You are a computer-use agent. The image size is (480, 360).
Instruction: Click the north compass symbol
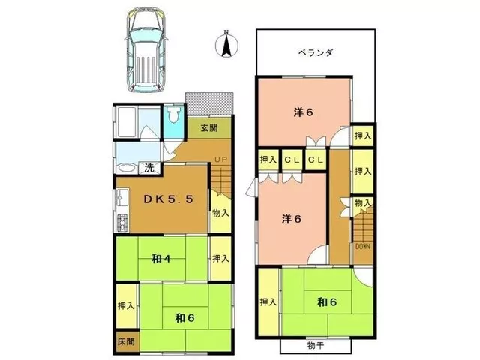pyautogui.click(x=226, y=45)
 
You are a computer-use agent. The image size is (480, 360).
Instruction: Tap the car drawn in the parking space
pyautogui.click(x=146, y=49)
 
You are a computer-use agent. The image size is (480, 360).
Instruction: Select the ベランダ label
pyautogui.click(x=316, y=52)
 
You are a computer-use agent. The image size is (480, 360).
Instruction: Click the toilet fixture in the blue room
pyautogui.click(x=174, y=115)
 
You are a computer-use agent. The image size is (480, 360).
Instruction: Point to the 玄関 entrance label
pyautogui.click(x=209, y=127)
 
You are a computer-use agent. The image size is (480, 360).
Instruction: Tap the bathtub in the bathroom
pyautogui.click(x=126, y=122)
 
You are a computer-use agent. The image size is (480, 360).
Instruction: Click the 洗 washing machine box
pyautogui.click(x=149, y=168)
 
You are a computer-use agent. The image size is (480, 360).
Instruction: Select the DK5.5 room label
pyautogui.click(x=168, y=199)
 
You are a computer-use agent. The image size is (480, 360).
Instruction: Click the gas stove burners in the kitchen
pyautogui.click(x=122, y=223)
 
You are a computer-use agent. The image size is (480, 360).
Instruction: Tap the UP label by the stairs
pyautogui.click(x=220, y=160)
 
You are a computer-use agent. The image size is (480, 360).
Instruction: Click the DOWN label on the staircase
pyautogui.click(x=362, y=247)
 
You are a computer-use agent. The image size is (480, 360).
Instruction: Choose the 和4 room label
pyautogui.click(x=160, y=259)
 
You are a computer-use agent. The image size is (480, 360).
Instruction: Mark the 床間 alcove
pyautogui.click(x=127, y=342)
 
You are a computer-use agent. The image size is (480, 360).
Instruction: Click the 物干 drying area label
pyautogui.click(x=315, y=346)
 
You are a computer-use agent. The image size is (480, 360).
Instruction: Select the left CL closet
pyautogui.click(x=292, y=160)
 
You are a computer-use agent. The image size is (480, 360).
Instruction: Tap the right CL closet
pyautogui.click(x=316, y=160)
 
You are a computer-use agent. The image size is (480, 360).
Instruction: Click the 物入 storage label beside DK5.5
pyautogui.click(x=220, y=213)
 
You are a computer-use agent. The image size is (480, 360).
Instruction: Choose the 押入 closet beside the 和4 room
pyautogui.click(x=220, y=258)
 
